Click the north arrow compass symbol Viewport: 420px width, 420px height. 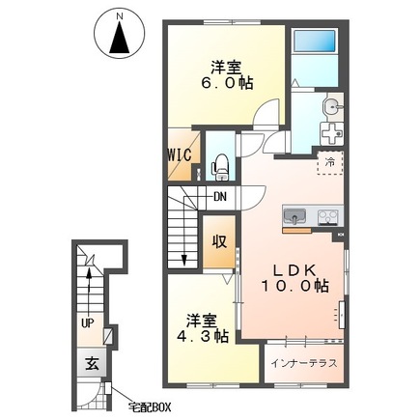tap(120, 36)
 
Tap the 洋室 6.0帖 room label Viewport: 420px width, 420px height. tap(227, 75)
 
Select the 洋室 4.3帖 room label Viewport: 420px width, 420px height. tap(203, 328)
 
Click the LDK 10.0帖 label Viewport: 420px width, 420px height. tap(294, 278)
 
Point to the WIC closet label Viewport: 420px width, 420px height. tap(180, 155)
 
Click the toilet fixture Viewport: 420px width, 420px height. tap(220, 167)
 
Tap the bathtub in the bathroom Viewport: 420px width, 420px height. tap(315, 41)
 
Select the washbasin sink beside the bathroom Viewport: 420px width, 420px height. tap(331, 105)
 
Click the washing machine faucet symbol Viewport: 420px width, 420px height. tap(331, 134)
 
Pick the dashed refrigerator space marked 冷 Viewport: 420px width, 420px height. tap(330, 163)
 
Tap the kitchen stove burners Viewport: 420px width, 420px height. tap(327, 217)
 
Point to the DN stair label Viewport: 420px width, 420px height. tap(220, 196)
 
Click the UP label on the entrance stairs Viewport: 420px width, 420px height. tap(87, 323)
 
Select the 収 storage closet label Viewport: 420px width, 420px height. tap(219, 241)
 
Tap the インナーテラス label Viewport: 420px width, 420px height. tap(304, 363)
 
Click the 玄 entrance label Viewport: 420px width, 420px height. tap(92, 365)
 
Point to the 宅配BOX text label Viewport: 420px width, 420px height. tap(149, 407)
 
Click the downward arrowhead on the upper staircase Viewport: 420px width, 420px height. tap(184, 260)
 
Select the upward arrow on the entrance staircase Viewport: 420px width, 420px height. tap(89, 290)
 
